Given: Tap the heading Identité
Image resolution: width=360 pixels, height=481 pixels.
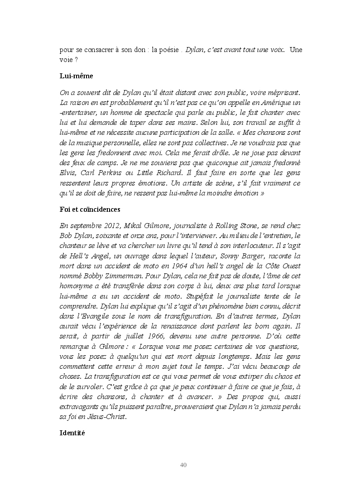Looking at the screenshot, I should [72, 432].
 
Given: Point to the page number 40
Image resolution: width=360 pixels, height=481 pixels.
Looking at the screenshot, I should [183, 465].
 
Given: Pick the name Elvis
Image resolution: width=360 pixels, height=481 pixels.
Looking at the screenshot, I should [68, 172].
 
